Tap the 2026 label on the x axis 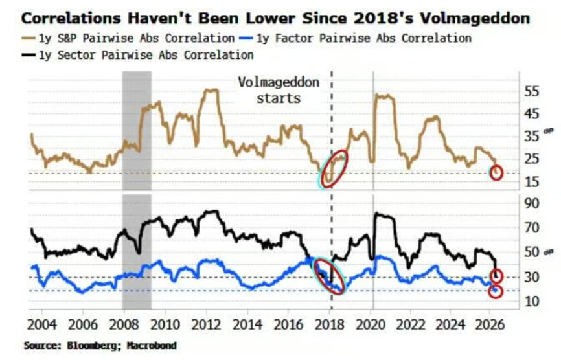tap(496, 323)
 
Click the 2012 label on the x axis tap(206, 323)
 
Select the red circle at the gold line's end tap(496, 173)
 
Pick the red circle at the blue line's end tap(496, 291)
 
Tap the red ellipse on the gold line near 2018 tap(335, 168)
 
